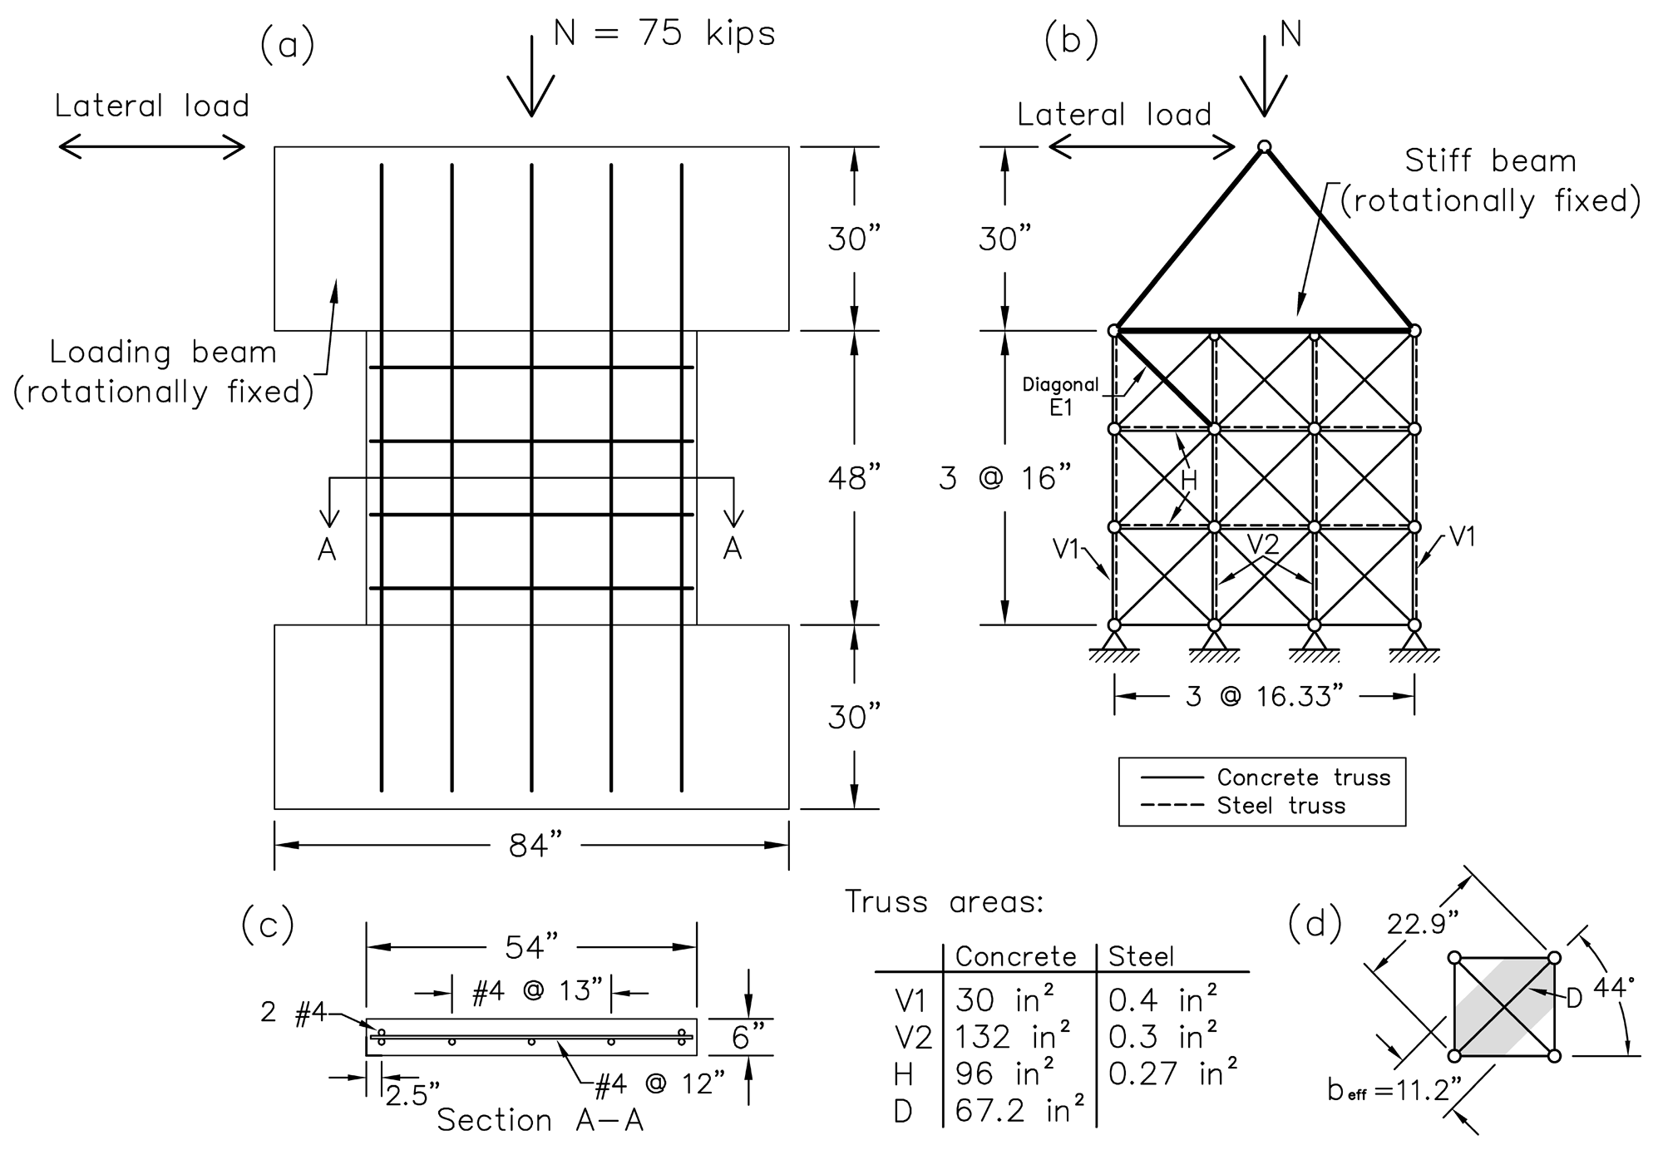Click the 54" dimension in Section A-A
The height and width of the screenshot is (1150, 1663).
[x=531, y=946]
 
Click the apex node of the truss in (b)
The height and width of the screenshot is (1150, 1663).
[x=1264, y=147]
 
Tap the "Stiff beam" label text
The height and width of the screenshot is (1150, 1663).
[x=1490, y=160]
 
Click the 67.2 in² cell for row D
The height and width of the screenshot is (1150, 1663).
[x=1019, y=1111]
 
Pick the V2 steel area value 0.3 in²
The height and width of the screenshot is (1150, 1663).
[x=1163, y=1037]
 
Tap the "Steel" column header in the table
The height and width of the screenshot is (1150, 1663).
[x=1142, y=957]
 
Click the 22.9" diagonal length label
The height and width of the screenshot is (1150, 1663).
[x=1424, y=924]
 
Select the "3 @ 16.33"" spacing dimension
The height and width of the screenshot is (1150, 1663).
[x=1265, y=696]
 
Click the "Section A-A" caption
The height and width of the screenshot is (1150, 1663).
[x=540, y=1120]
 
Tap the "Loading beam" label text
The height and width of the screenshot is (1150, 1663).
[x=163, y=352]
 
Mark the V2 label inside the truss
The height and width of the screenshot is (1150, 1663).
[x=1263, y=544]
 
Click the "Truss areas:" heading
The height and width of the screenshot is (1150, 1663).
[x=944, y=902]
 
